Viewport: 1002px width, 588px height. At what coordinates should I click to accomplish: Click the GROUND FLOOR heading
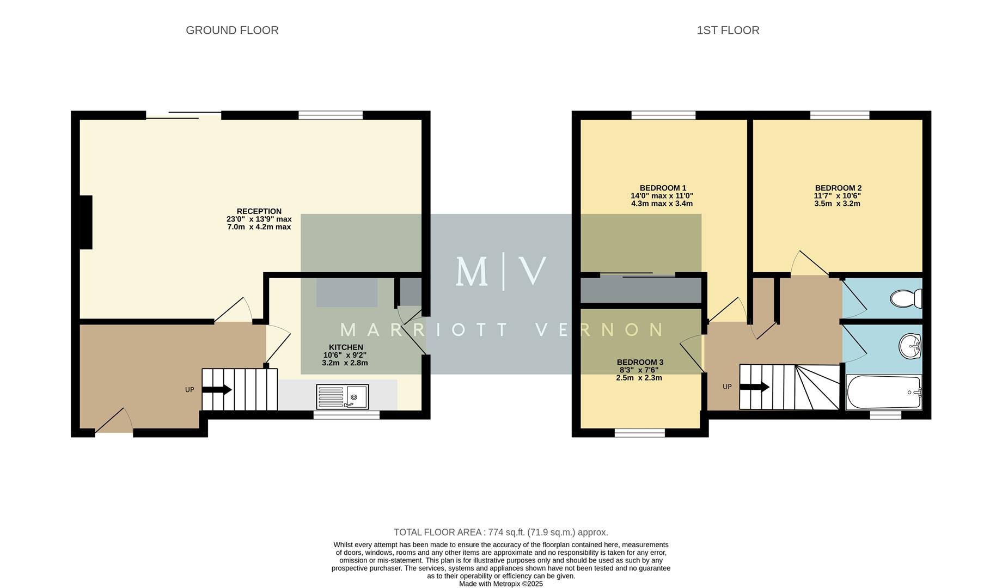click(x=232, y=30)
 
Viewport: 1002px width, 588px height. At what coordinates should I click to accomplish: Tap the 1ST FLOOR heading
click(x=728, y=30)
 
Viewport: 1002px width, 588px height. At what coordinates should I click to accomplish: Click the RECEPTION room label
click(x=259, y=211)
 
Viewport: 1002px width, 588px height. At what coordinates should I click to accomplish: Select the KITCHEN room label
click(x=345, y=347)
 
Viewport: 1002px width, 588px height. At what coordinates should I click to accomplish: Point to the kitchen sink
click(x=343, y=397)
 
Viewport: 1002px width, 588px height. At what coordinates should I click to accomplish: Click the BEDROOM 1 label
click(x=662, y=188)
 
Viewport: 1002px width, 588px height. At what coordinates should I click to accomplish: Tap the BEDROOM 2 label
click(x=838, y=188)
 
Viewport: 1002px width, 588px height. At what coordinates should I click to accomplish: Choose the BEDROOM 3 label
click(x=639, y=362)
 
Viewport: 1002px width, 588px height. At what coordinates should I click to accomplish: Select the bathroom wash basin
click(x=909, y=346)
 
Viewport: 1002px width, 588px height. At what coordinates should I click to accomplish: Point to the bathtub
click(x=883, y=392)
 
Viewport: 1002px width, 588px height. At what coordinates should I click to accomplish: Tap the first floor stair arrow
click(x=754, y=387)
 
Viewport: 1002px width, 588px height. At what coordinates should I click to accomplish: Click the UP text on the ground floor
click(x=190, y=390)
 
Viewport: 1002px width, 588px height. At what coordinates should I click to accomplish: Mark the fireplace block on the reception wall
click(x=86, y=222)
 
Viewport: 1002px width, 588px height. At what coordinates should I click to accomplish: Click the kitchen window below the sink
click(x=346, y=415)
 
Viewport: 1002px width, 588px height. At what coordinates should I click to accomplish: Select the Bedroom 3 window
click(x=640, y=433)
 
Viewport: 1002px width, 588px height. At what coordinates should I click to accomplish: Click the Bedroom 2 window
click(x=839, y=115)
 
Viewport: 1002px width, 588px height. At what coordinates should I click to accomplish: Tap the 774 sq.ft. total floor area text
click(x=500, y=532)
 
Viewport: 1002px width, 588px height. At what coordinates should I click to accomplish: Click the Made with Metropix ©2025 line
click(x=500, y=584)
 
